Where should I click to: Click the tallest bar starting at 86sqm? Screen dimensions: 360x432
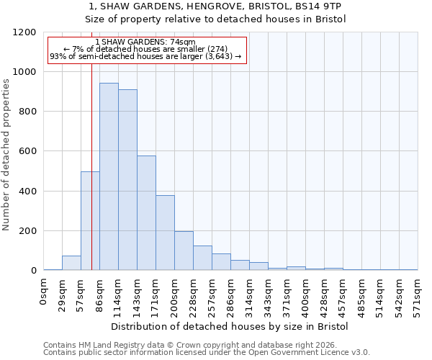click(109, 176)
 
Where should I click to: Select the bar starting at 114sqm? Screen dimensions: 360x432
click(127, 180)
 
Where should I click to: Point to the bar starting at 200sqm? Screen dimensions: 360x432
click(184, 251)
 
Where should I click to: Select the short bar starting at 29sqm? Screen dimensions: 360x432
click(71, 263)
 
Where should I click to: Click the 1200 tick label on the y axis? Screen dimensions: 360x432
click(24, 32)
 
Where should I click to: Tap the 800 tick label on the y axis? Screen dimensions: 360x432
click(27, 112)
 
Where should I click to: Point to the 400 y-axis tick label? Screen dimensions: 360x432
click(27, 192)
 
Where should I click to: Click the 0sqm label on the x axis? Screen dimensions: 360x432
click(44, 293)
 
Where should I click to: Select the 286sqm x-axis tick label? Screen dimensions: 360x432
click(231, 296)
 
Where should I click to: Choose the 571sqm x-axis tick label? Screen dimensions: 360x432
click(418, 296)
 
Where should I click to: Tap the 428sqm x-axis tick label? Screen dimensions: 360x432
click(325, 296)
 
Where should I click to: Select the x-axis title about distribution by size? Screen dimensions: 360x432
click(230, 326)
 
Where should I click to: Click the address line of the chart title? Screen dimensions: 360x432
click(216, 6)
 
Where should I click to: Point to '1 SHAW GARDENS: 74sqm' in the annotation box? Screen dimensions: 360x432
click(145, 42)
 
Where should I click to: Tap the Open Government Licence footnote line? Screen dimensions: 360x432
click(207, 352)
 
